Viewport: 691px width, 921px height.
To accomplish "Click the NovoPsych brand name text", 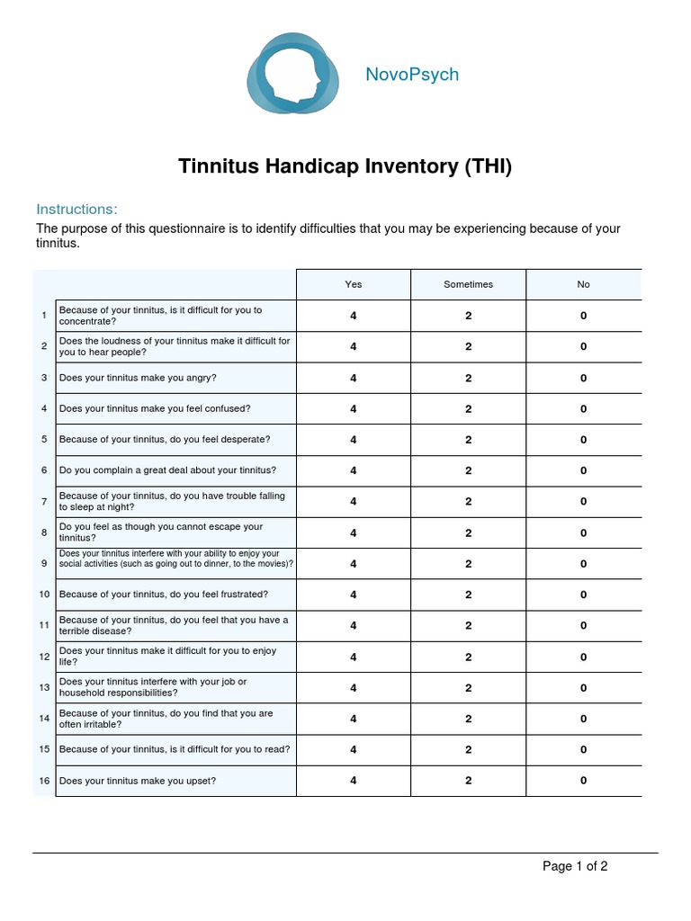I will point(412,75).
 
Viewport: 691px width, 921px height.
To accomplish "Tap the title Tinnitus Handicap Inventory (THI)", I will point(345,166).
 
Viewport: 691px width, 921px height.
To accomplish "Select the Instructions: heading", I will point(76,210).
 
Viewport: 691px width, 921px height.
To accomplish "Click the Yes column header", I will point(354,284).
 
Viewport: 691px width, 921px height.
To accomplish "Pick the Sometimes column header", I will point(468,284).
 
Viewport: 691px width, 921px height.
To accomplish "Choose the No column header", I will point(583,284).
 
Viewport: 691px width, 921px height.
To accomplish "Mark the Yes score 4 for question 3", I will point(354,378).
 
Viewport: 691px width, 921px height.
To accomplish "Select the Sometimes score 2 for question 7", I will point(468,502).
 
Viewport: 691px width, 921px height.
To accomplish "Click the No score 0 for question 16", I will point(583,781).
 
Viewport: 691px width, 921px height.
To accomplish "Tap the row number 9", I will point(43,564).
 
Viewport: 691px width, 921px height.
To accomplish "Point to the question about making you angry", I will point(138,378).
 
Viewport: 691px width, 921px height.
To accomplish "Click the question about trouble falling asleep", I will point(171,502).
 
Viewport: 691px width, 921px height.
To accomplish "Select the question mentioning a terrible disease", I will point(173,625).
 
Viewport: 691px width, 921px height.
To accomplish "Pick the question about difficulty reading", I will point(174,749).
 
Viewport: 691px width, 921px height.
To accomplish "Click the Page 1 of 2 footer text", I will point(575,867).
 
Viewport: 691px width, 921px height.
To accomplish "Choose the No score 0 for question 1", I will point(583,316).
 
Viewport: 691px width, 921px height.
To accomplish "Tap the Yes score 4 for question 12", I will point(354,657).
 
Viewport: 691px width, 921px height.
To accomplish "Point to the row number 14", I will point(43,719).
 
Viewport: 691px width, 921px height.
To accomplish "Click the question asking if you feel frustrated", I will point(163,595).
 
